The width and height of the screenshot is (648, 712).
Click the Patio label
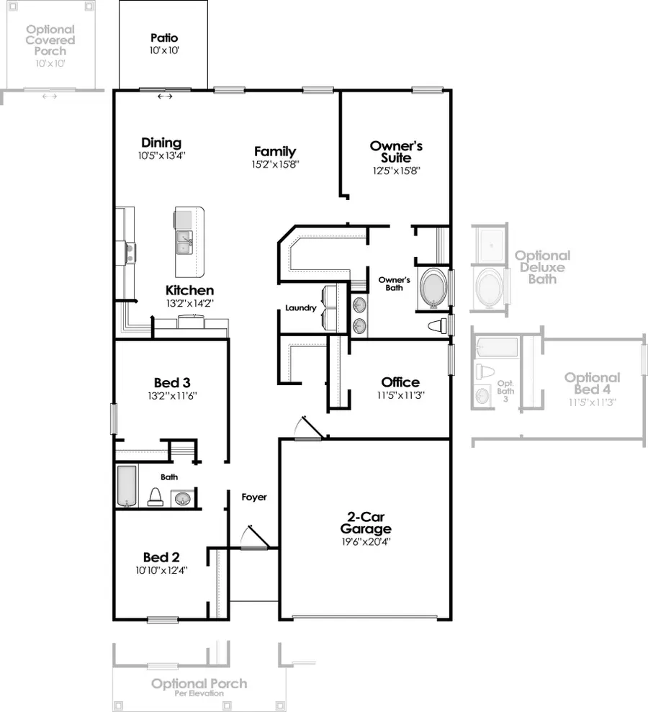(x=164, y=37)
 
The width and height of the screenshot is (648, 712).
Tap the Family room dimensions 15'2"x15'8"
(x=274, y=164)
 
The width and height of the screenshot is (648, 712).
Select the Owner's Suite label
(x=396, y=151)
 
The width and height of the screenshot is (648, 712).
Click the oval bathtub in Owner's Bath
(x=432, y=288)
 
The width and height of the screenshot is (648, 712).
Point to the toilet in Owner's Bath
(x=436, y=326)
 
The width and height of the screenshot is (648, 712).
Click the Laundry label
(x=300, y=308)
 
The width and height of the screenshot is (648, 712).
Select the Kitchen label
(x=189, y=290)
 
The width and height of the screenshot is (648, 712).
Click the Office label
(x=400, y=382)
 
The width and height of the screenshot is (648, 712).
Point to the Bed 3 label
(x=171, y=382)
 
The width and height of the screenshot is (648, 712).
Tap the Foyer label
(x=253, y=497)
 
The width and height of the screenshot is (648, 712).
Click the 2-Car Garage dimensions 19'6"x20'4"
(x=369, y=542)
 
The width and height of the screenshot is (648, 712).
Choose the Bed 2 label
(x=161, y=557)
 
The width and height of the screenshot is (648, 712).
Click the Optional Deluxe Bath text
(x=541, y=267)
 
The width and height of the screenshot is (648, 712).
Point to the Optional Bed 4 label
(x=591, y=383)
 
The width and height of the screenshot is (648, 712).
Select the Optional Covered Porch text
(x=50, y=40)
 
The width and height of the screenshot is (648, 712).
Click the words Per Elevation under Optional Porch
(x=199, y=694)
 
